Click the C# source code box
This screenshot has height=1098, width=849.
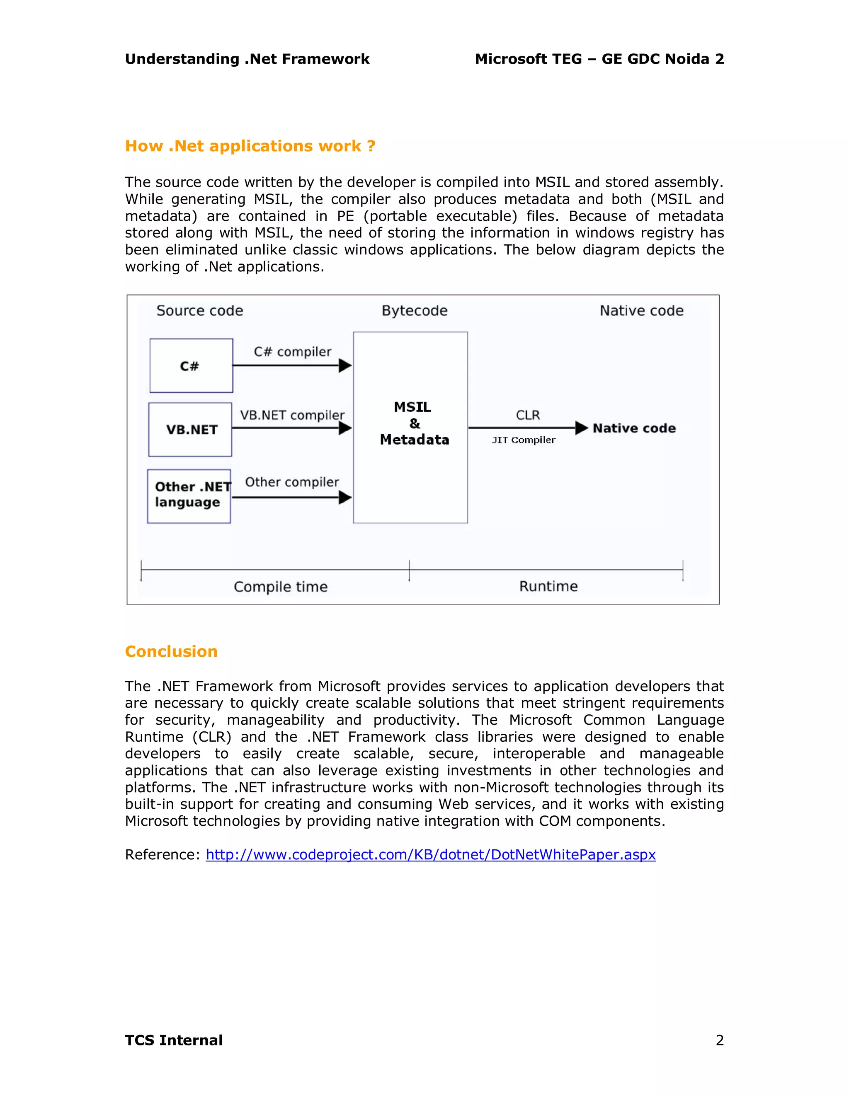(x=191, y=365)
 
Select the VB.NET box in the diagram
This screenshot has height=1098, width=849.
(x=190, y=429)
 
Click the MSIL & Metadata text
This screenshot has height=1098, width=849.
(x=414, y=423)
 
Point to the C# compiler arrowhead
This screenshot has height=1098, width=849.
(x=345, y=365)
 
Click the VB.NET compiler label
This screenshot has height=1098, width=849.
(x=292, y=415)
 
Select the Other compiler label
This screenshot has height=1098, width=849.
(x=292, y=482)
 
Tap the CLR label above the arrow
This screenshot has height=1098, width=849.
(x=528, y=415)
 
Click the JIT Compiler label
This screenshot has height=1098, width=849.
(x=524, y=440)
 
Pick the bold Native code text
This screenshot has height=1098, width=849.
(x=634, y=428)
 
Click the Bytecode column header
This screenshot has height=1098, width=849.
(x=415, y=311)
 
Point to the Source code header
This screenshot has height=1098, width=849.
(x=200, y=311)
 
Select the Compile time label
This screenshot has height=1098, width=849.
(x=281, y=587)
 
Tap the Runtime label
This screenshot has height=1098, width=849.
(x=548, y=586)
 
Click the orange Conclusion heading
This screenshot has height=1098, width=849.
(x=171, y=652)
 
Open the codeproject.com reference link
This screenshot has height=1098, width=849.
(x=431, y=855)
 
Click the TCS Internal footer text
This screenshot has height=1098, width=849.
(x=174, y=1040)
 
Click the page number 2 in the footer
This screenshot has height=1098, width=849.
(x=720, y=1040)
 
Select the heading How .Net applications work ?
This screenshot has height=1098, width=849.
(x=250, y=146)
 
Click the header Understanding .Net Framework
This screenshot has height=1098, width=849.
(x=247, y=59)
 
